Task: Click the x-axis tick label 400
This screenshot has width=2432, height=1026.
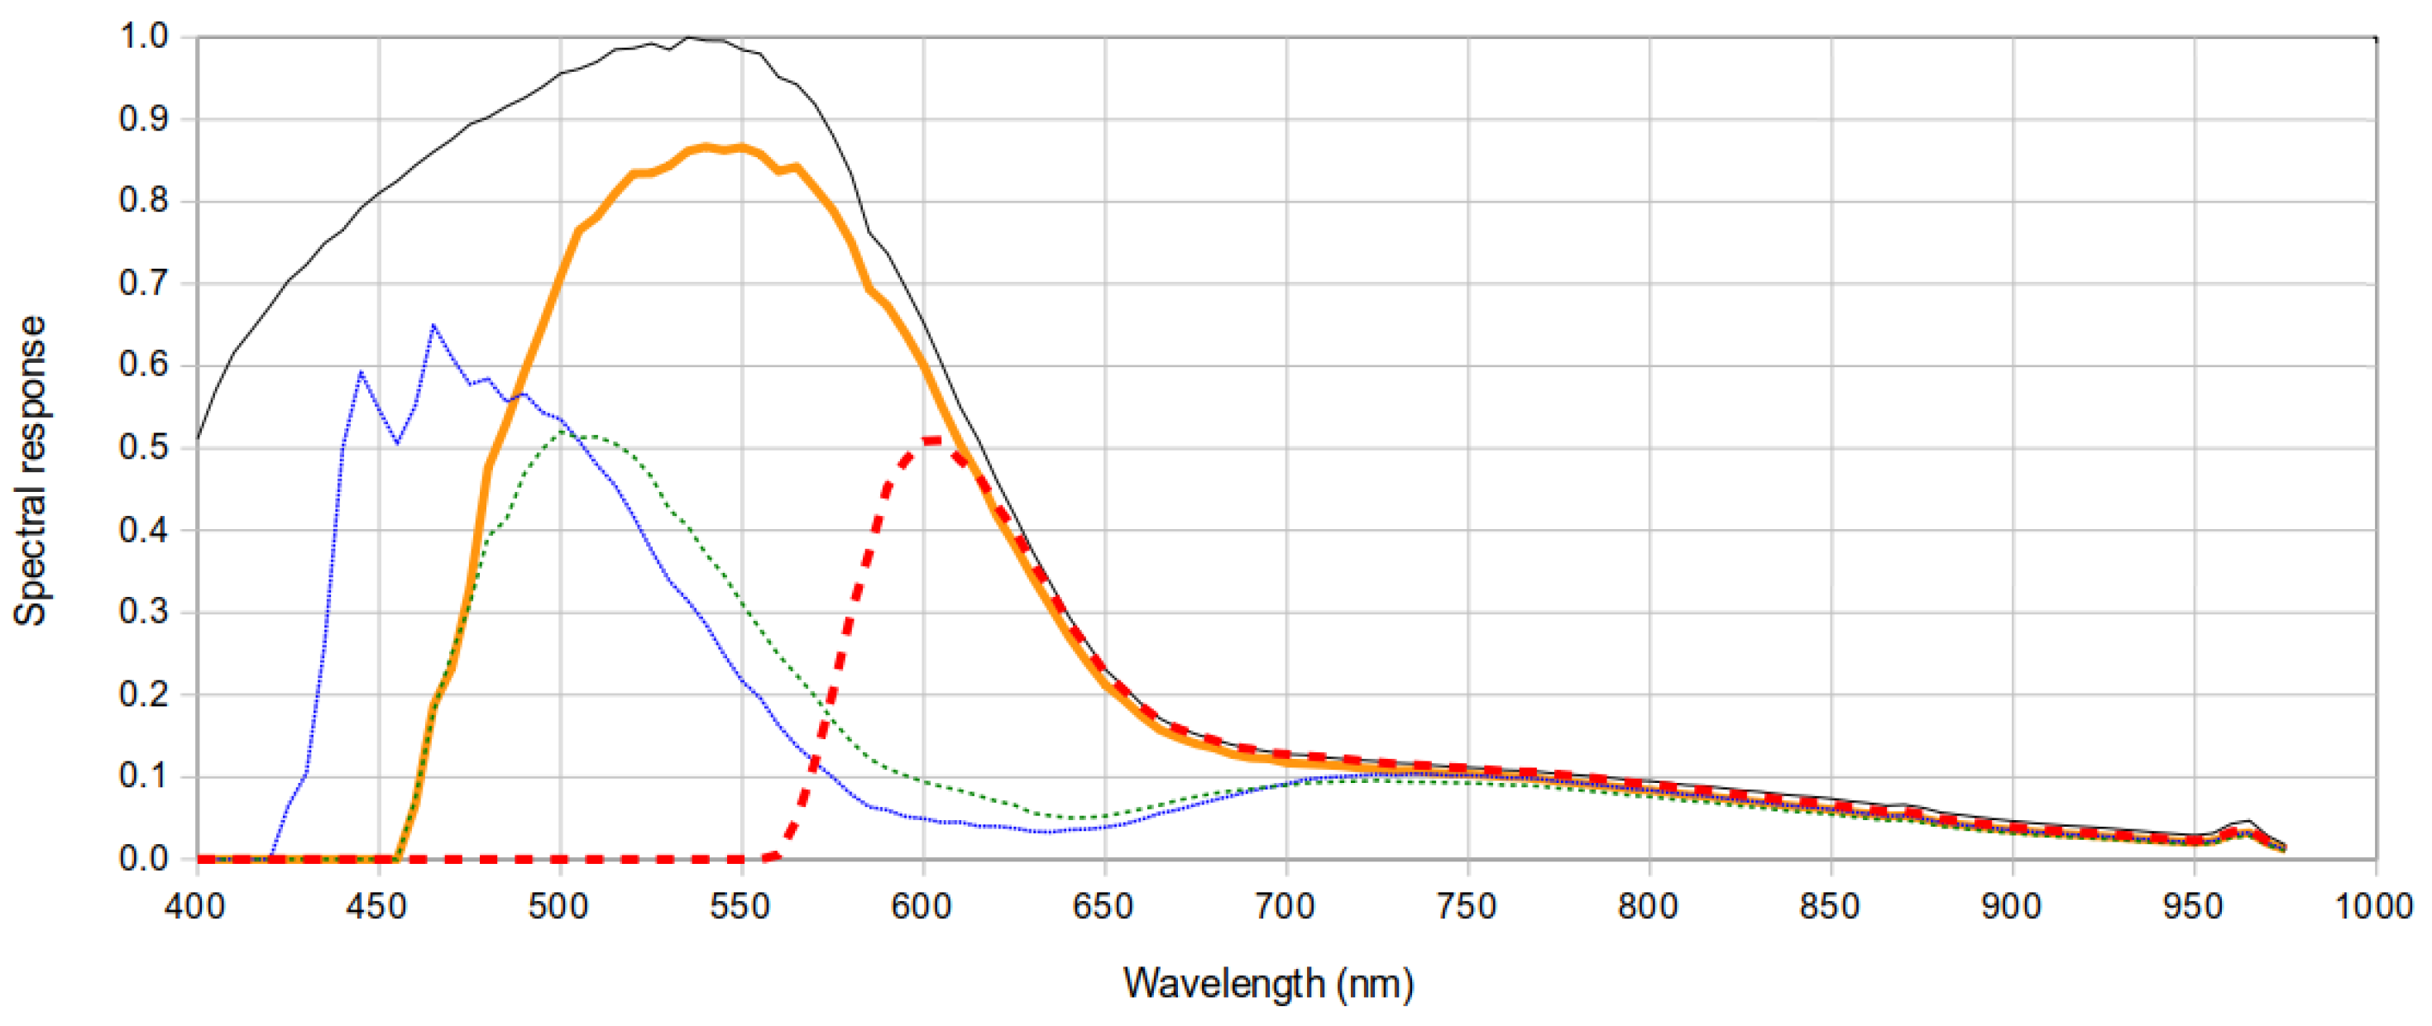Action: click(194, 908)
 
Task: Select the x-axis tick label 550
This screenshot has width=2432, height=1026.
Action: click(740, 908)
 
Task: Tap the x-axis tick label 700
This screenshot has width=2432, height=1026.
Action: click(1285, 908)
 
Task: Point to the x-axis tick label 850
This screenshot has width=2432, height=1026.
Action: click(1830, 908)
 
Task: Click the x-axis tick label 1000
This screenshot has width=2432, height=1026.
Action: click(2373, 908)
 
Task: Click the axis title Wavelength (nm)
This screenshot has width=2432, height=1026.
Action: click(1268, 984)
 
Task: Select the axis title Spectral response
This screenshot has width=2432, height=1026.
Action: click(31, 470)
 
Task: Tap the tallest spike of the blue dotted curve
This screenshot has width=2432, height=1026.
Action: click(433, 326)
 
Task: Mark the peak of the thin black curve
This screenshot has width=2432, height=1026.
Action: click(688, 38)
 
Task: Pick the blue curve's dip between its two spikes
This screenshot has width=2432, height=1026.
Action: click(397, 442)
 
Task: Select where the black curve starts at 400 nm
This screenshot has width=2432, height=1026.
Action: click(198, 439)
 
